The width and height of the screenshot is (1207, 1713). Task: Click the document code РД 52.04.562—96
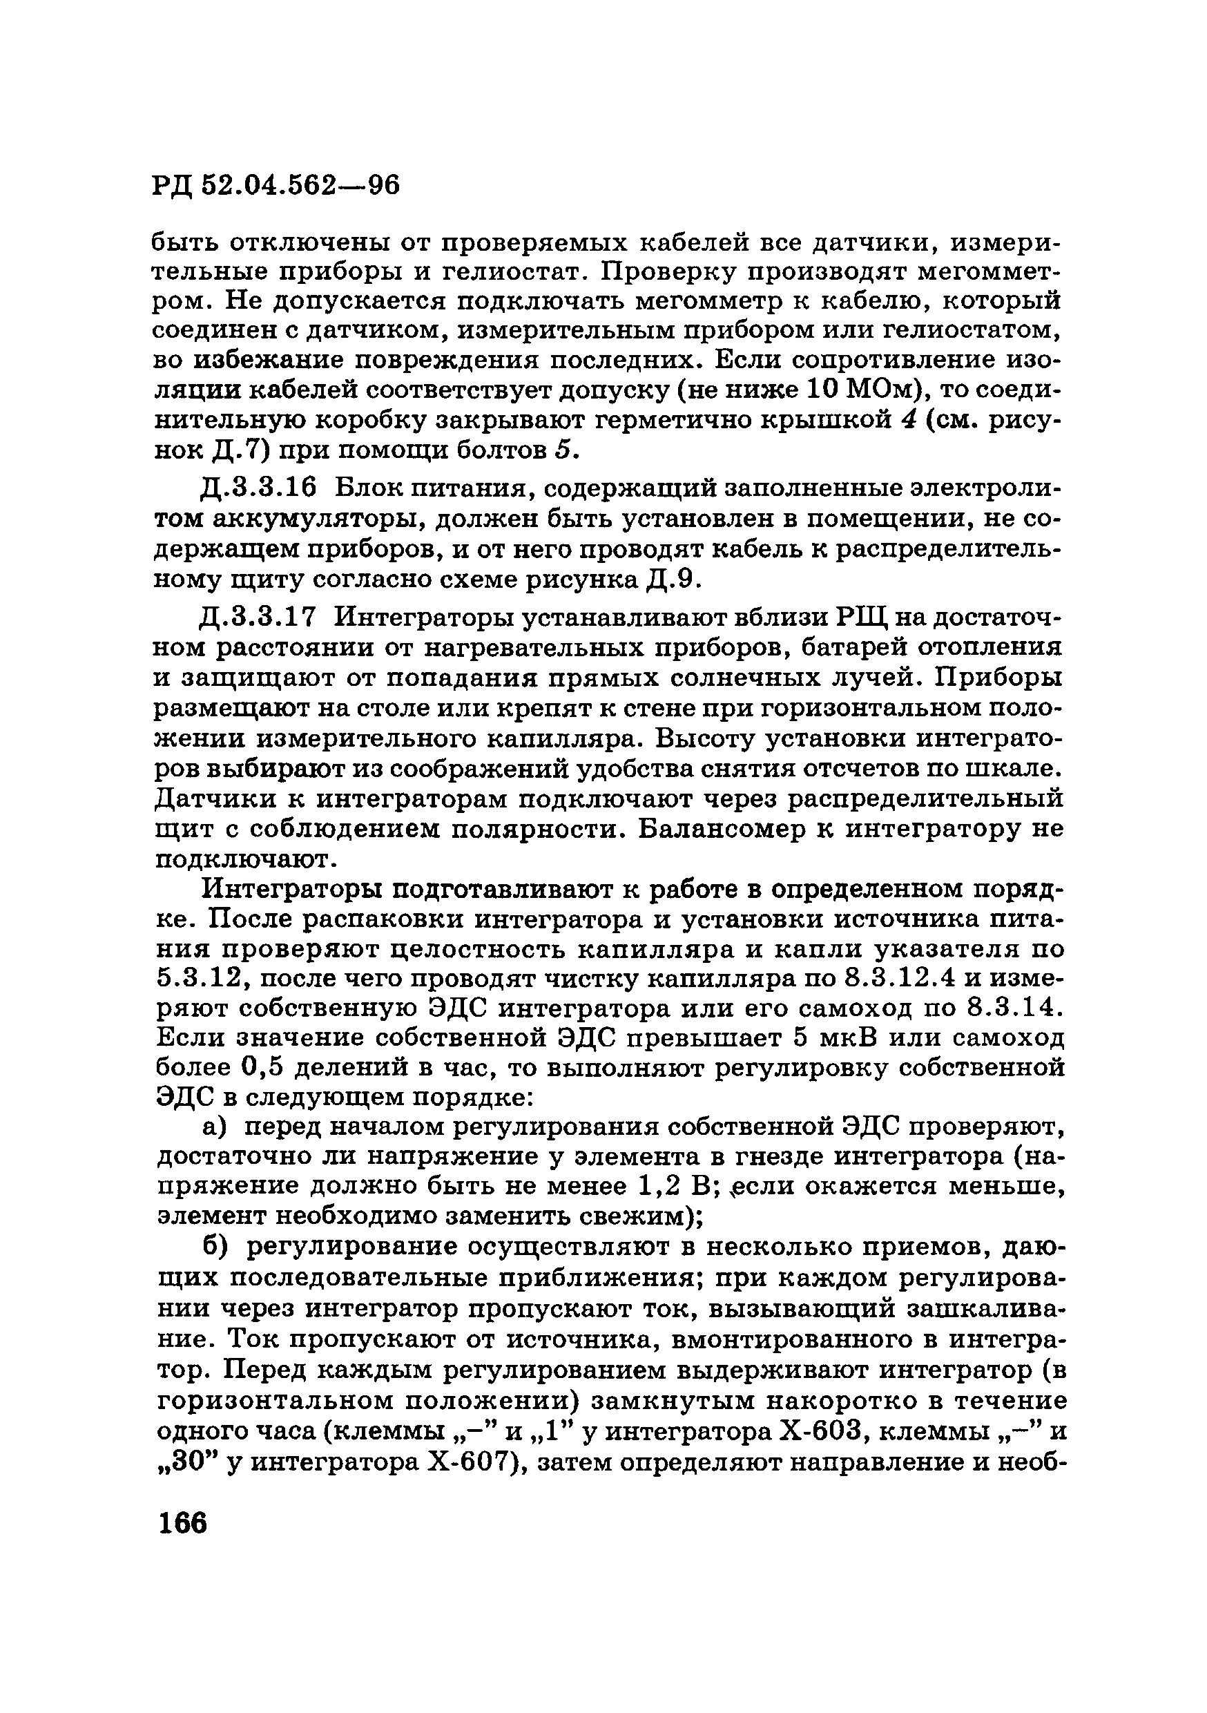click(276, 184)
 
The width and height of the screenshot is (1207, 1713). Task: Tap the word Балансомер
click(724, 829)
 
